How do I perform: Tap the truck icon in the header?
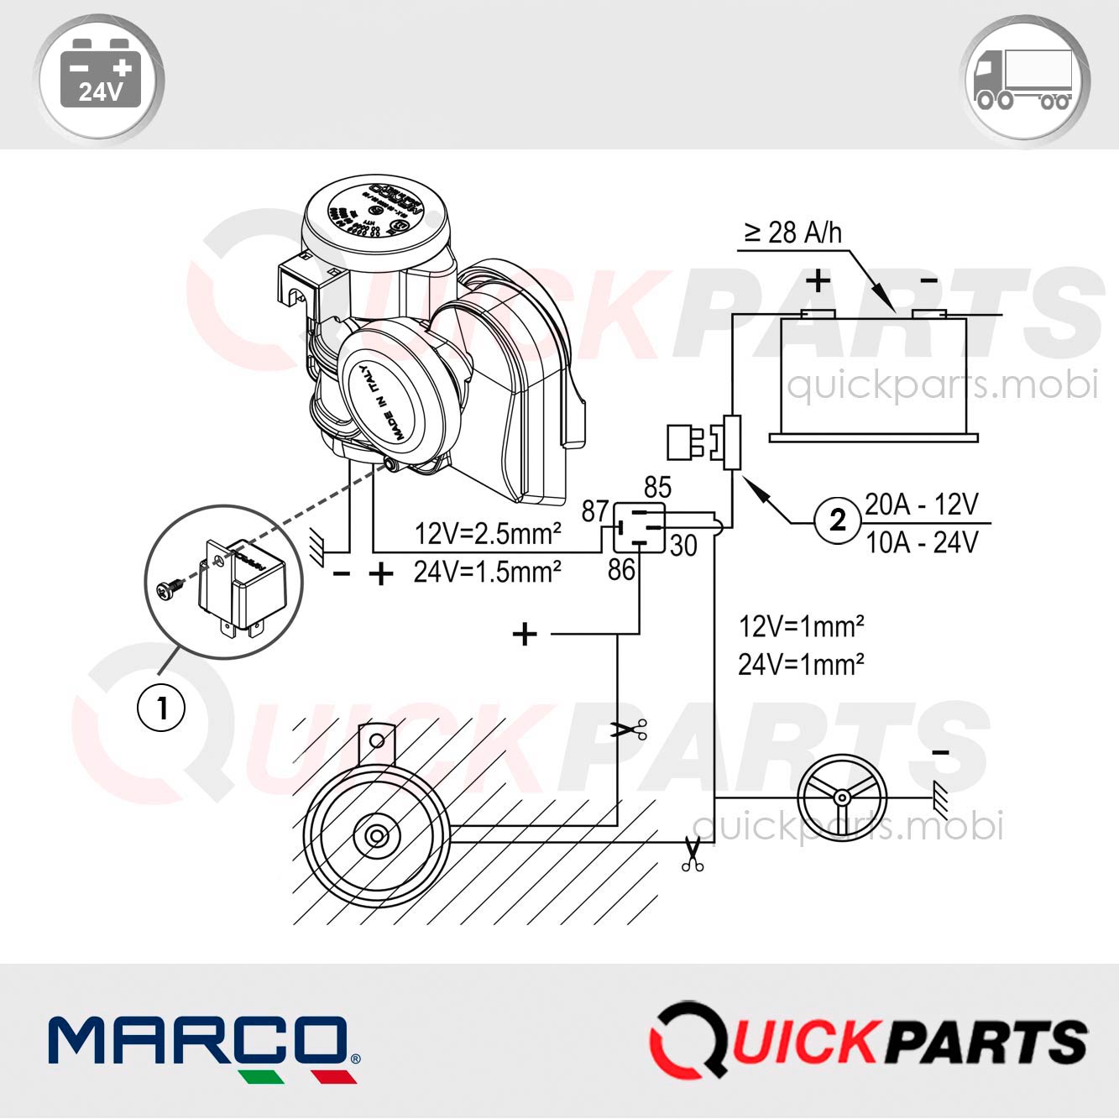(1023, 81)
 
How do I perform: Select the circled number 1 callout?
(161, 708)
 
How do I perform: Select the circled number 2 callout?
(837, 520)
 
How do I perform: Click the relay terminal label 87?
(595, 510)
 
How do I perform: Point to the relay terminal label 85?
(657, 488)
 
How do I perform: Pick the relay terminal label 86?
(621, 570)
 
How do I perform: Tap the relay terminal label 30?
(683, 546)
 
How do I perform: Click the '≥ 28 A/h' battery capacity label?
(792, 233)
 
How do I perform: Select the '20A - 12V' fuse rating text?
(922, 505)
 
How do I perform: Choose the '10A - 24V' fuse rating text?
(922, 543)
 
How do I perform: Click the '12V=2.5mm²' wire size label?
(488, 533)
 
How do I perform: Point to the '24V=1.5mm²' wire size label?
(488, 572)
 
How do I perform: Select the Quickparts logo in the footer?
(869, 1040)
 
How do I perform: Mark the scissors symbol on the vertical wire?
(629, 729)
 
